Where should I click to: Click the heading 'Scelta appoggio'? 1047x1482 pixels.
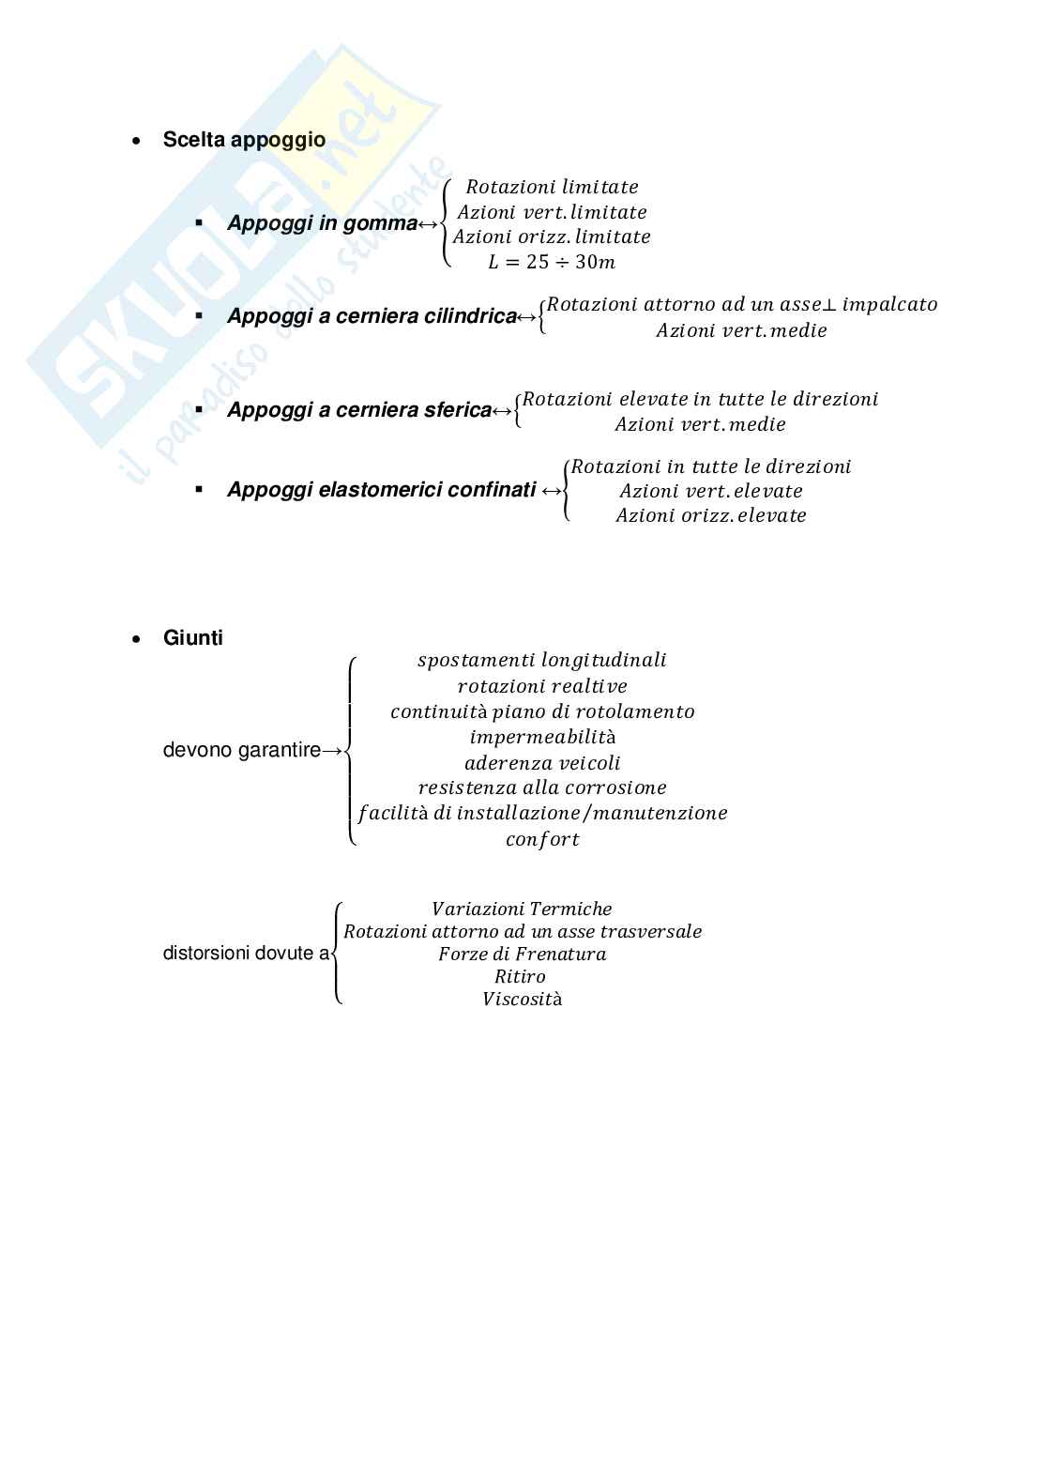pos(244,140)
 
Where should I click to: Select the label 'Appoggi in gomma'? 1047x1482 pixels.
pos(322,223)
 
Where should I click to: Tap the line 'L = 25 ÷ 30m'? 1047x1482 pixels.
pos(552,262)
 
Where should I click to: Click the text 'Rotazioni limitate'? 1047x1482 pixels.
pos(552,187)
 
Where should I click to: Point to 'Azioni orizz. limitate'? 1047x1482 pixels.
pos(552,237)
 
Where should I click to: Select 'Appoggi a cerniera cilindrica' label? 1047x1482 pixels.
pos(372,316)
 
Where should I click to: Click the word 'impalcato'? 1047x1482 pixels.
pos(889,304)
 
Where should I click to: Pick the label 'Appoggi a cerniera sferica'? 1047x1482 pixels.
pos(359,410)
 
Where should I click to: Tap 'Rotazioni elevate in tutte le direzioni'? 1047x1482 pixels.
pos(700,399)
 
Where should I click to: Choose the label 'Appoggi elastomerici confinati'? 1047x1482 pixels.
pos(381,490)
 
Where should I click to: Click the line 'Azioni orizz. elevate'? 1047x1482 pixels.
pos(711,515)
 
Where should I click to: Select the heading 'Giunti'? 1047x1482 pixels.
pos(192,638)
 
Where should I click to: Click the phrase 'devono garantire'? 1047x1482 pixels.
pos(241,750)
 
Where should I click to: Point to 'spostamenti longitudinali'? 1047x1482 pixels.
pos(542,660)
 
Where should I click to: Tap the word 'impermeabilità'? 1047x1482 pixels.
pos(542,737)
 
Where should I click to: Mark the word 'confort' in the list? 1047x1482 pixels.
pos(542,839)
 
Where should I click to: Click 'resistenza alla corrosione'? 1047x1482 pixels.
pos(542,787)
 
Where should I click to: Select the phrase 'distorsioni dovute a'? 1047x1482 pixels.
pos(246,954)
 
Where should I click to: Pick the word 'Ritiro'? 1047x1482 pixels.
pos(520,976)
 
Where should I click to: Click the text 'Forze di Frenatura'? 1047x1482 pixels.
pos(522,954)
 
